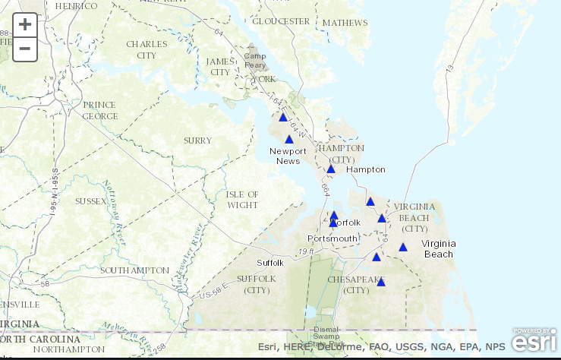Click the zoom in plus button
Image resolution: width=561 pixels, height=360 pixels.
25,24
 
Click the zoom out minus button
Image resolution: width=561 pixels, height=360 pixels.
25,49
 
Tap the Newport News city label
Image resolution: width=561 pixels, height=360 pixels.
288,156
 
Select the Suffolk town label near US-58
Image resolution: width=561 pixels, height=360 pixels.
269,263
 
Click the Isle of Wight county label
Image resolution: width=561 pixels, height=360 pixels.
242,200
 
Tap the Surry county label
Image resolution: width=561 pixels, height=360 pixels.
197,141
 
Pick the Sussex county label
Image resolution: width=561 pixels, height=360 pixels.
90,201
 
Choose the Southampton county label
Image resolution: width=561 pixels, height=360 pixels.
134,270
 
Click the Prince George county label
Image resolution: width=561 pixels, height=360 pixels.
100,111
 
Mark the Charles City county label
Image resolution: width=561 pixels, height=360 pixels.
147,49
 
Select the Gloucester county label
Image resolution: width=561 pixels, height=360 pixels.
281,21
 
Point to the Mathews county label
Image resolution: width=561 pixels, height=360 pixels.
344,23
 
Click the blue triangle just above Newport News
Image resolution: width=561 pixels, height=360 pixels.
288,139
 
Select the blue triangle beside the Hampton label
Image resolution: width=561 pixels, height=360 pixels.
331,169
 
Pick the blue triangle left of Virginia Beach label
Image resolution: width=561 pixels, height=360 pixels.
403,247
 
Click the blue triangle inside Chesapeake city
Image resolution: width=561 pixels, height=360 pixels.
380,282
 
